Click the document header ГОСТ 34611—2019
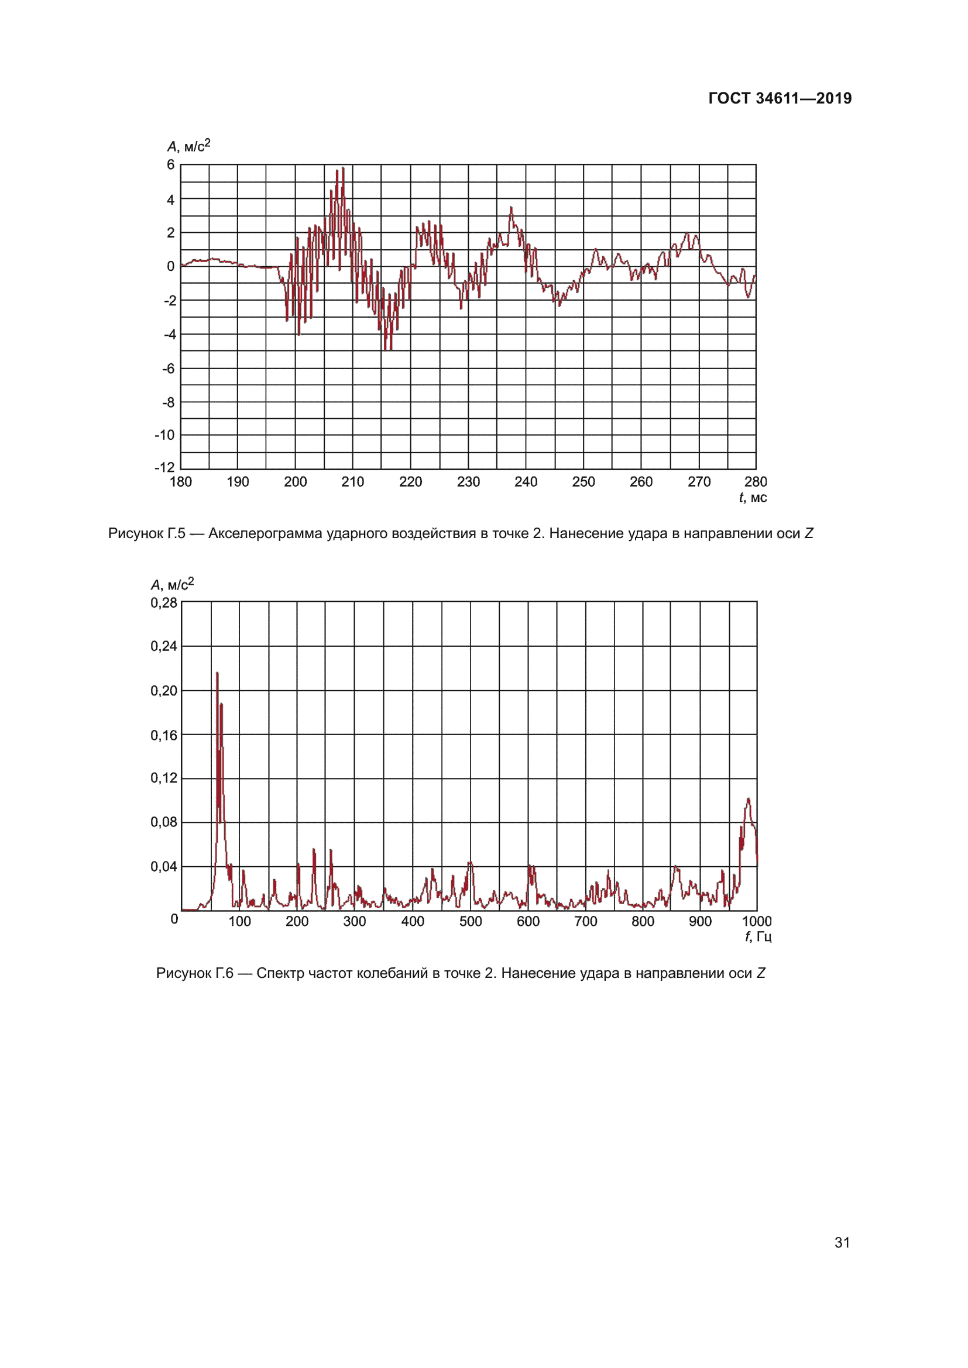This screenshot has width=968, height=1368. point(780,98)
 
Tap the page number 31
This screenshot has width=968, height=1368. point(842,1242)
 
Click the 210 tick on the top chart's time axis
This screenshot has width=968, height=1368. point(352,482)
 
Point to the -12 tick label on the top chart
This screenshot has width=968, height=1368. point(164,467)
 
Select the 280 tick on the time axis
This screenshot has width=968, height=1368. point(755,482)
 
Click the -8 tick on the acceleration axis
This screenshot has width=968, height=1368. point(169,402)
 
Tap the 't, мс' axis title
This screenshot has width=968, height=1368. point(753,498)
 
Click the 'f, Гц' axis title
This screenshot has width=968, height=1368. point(757,936)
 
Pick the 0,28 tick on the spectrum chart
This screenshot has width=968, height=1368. point(163,603)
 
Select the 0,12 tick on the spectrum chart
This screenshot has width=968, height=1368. point(163,778)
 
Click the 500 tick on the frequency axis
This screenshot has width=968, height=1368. point(471,922)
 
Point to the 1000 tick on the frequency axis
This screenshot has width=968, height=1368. point(756,922)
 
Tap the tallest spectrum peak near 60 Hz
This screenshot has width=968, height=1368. point(217,673)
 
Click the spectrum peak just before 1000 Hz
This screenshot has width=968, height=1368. point(748,799)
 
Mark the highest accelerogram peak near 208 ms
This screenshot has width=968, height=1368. point(343,168)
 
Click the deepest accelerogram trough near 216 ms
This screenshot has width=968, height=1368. point(386,349)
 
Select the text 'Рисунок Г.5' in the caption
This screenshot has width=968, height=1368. point(147,533)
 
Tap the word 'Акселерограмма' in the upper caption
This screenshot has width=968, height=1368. point(265,533)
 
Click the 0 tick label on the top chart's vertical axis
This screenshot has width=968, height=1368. point(170,266)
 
